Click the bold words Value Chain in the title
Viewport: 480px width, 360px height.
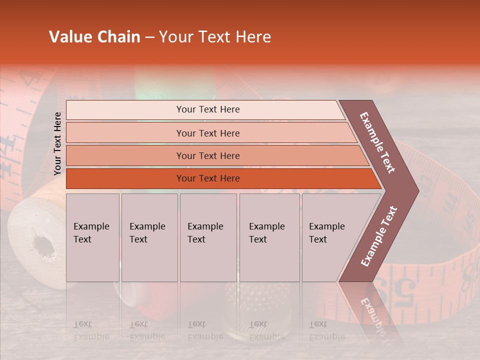(94, 37)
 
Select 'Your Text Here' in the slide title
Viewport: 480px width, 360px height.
(215, 37)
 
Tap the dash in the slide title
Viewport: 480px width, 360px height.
(149, 37)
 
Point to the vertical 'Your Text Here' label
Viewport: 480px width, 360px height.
(57, 143)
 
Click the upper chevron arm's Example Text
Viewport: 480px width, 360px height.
(377, 142)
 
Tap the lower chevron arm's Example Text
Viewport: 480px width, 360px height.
(379, 236)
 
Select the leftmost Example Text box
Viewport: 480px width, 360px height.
(92, 237)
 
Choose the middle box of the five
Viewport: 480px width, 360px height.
(208, 237)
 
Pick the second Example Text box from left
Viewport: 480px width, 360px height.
(149, 237)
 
